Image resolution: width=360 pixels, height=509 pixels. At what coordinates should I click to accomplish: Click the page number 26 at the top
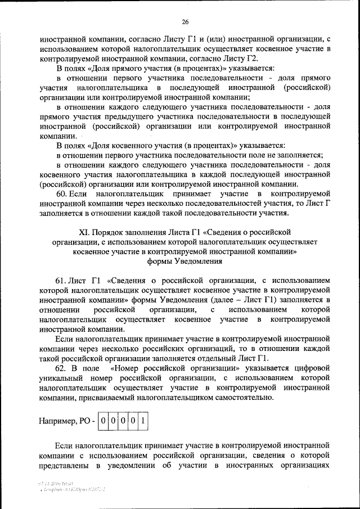pyautogui.click(x=184, y=22)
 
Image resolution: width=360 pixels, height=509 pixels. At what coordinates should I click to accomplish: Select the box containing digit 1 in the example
pyautogui.click(x=143, y=420)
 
